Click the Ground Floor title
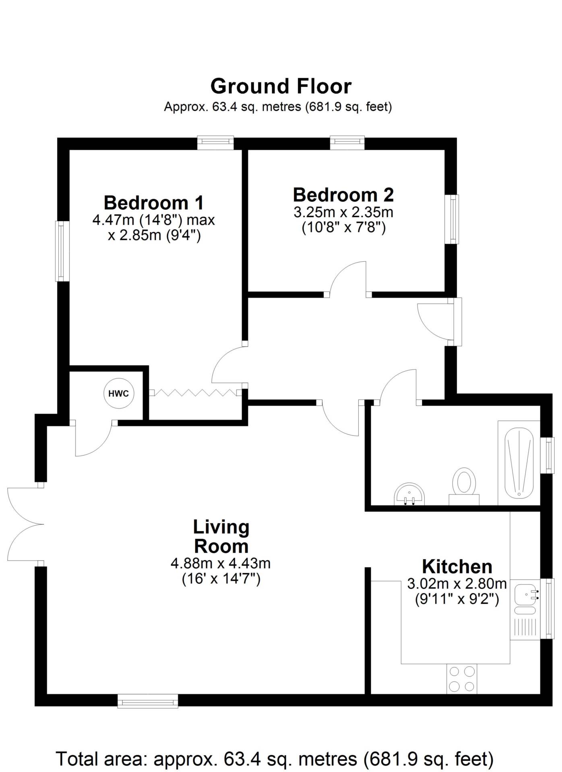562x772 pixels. pos(281,86)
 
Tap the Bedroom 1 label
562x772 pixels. pos(154,203)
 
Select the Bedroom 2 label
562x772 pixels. pos(343,195)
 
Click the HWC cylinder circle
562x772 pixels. pos(119,393)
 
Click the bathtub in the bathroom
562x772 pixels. pos(519,463)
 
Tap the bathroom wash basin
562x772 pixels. pos(409,494)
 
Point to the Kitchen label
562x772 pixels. pos(457,567)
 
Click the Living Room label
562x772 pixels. pos(221,537)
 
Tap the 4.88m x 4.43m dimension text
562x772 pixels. pos(221,563)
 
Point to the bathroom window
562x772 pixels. pos(548,455)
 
